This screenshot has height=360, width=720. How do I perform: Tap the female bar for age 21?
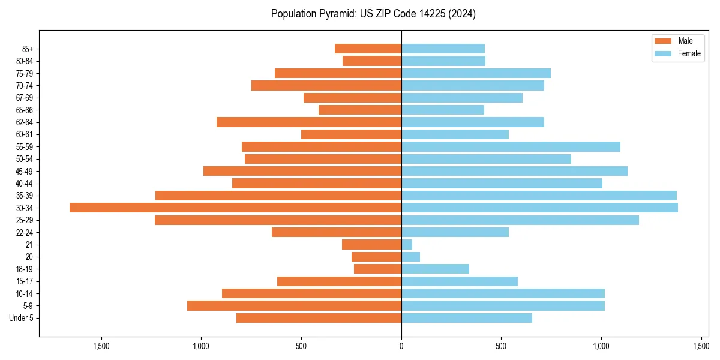point(407,244)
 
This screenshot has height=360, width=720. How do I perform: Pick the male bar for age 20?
point(376,257)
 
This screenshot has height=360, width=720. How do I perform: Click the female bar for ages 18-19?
point(435,269)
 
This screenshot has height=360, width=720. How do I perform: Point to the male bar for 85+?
point(368,49)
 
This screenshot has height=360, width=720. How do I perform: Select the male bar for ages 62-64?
point(309,122)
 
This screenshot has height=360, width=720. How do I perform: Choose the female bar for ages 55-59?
point(511,146)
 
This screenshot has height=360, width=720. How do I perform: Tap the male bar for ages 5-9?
point(294,305)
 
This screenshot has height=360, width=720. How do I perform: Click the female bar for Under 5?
point(466,318)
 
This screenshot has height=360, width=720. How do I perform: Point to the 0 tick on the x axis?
point(401,346)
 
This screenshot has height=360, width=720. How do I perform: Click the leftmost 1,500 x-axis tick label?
point(101,346)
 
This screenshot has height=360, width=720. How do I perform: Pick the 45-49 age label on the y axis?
point(25,171)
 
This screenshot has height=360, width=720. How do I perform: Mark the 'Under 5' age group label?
point(21,318)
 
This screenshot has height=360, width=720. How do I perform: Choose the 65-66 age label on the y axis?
point(25,110)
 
